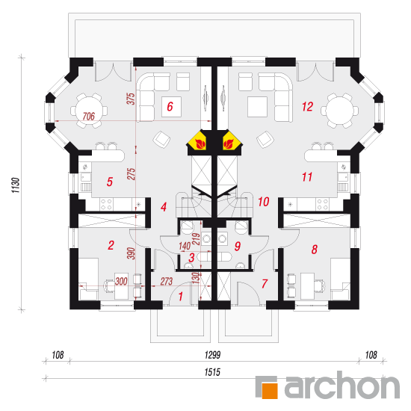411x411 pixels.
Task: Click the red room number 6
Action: (x=170, y=106)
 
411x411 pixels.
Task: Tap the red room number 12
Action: (x=307, y=107)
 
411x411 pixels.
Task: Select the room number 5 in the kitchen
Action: (x=110, y=182)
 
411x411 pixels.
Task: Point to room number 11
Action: (x=307, y=177)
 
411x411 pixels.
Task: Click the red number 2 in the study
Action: (x=111, y=245)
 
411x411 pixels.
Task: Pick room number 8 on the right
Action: (x=315, y=250)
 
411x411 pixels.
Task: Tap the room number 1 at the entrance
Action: (x=181, y=297)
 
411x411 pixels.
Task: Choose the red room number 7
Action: (x=265, y=284)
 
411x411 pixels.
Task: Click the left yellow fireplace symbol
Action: (x=198, y=142)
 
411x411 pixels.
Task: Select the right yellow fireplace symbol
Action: (x=231, y=142)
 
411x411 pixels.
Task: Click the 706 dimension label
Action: (x=89, y=116)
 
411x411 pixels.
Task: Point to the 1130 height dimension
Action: (x=16, y=185)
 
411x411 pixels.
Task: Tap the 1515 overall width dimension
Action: (x=212, y=372)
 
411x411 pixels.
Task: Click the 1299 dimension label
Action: (x=212, y=355)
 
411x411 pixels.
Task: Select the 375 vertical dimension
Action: (x=131, y=99)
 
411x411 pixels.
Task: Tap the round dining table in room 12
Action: (x=339, y=111)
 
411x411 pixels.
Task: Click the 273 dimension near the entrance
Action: (x=167, y=281)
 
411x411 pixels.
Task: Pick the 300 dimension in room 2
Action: (x=121, y=281)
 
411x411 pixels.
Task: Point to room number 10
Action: (x=264, y=202)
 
